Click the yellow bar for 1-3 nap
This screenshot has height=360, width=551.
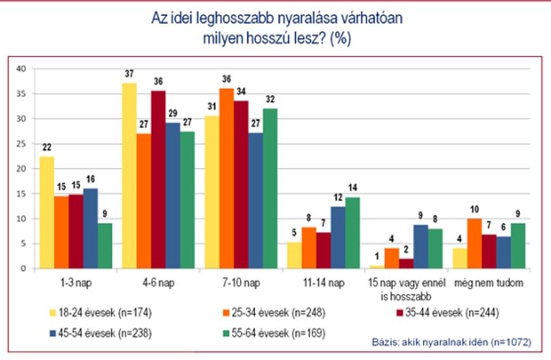coord(47,213)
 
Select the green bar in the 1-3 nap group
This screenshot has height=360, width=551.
coord(105,246)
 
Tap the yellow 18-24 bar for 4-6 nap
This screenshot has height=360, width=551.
coord(129,176)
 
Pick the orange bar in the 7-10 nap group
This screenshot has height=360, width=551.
coord(227,178)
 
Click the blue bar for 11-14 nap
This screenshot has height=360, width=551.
coord(338,238)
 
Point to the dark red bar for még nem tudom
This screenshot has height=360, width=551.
coord(489,252)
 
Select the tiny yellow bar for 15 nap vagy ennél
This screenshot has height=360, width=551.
coord(377,267)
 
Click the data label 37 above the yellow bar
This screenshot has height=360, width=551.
coord(129,73)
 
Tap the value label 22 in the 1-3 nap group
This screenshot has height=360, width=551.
coord(47,147)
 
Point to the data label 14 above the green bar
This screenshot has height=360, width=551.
coord(352,188)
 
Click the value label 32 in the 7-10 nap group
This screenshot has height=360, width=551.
coord(270,99)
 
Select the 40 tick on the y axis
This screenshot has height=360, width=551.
coord(21,69)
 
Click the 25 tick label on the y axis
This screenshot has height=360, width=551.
coord(21,144)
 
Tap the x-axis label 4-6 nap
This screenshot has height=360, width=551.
coord(158,283)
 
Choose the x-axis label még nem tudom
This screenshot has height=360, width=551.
coord(489,283)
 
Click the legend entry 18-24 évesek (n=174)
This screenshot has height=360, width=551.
coord(101,312)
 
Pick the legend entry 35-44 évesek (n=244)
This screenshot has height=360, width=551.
coord(448,312)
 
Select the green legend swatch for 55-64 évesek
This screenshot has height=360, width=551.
coord(226,333)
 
